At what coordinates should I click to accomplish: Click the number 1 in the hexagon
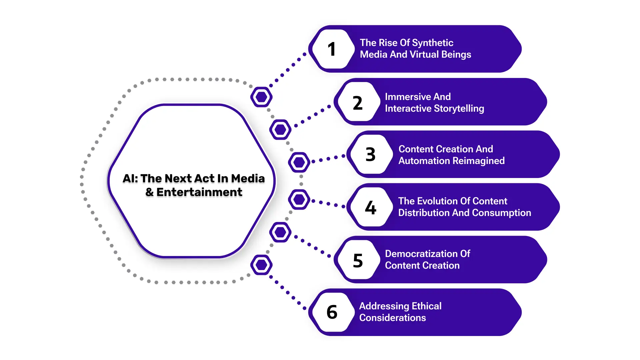(x=331, y=49)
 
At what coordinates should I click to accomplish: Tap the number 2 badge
(x=357, y=103)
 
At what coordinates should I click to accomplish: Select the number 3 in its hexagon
(x=370, y=155)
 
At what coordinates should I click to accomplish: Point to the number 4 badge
(x=370, y=208)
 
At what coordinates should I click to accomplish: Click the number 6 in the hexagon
(x=332, y=312)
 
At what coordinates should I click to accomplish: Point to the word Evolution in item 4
(x=441, y=201)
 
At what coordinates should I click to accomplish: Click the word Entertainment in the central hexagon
(x=199, y=192)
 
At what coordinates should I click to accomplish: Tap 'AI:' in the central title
(x=130, y=179)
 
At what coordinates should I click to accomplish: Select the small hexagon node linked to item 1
(x=261, y=97)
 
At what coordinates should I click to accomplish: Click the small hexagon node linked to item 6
(x=261, y=265)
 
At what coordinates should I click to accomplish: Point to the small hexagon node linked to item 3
(x=299, y=162)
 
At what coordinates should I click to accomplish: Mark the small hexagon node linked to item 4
(x=299, y=200)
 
